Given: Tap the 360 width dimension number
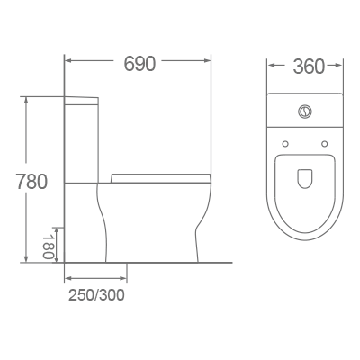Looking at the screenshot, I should (307, 67).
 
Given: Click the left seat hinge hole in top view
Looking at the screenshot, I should (285, 142).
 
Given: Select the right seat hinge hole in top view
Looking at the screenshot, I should (325, 142).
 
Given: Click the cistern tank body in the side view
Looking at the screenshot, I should (82, 139).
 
